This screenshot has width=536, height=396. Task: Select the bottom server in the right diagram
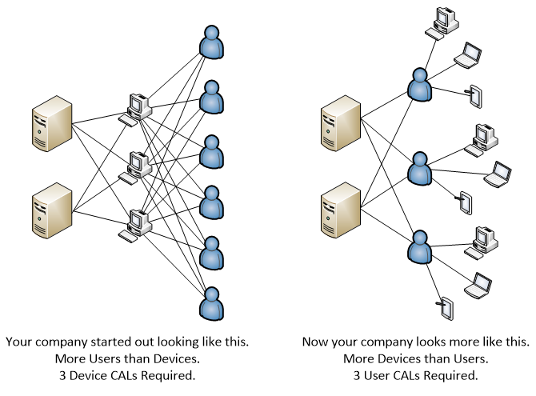click(x=340, y=210)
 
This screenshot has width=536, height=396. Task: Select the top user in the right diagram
click(x=418, y=86)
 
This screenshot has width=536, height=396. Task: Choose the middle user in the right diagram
click(x=418, y=167)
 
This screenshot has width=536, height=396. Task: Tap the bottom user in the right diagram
click(x=418, y=249)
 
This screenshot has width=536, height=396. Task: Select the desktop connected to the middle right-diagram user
click(x=482, y=139)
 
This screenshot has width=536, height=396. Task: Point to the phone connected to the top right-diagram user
click(x=475, y=95)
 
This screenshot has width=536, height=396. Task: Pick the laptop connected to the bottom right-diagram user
click(x=479, y=283)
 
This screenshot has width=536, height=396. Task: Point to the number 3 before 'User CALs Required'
click(x=358, y=374)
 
